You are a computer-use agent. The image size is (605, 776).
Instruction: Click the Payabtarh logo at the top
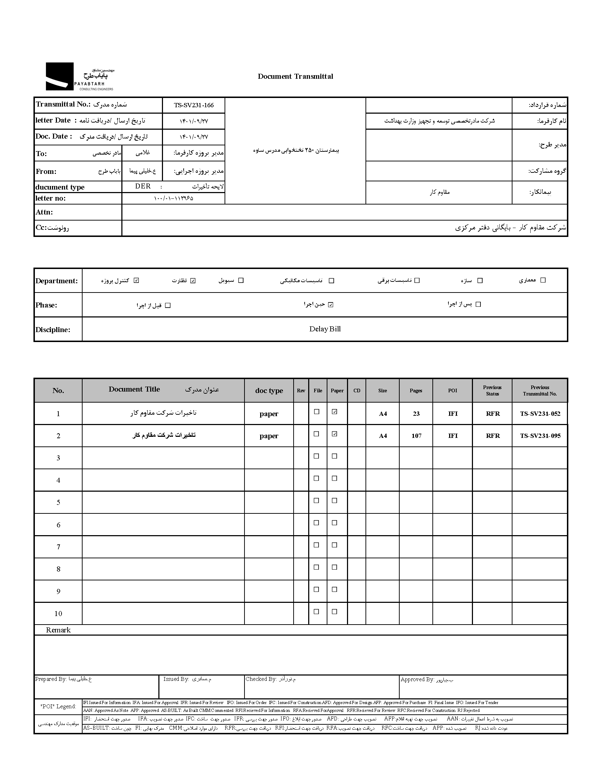click(79, 77)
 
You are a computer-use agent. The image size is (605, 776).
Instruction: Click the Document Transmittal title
click(295, 76)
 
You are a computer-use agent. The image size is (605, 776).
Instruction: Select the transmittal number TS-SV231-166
click(194, 105)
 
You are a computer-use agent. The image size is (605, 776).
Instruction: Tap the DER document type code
click(143, 186)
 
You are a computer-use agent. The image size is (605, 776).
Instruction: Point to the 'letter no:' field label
click(51, 198)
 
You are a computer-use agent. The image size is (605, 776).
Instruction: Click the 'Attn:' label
click(44, 212)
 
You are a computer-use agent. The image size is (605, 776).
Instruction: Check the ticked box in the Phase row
click(331, 305)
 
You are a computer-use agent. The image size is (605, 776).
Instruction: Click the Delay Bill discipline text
click(325, 329)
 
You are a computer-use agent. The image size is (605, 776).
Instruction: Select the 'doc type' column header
click(269, 390)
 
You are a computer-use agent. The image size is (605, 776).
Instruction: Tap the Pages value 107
click(416, 436)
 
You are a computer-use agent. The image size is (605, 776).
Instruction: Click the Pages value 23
click(416, 414)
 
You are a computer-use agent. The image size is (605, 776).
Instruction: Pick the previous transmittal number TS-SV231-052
click(540, 414)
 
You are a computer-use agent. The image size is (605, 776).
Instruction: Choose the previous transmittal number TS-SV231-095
click(540, 436)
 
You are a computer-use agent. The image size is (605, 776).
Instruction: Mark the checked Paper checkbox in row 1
click(335, 412)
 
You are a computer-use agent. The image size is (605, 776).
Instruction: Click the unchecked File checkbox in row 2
click(316, 434)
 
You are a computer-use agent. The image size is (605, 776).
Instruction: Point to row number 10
click(58, 614)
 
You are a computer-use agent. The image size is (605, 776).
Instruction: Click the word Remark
click(58, 630)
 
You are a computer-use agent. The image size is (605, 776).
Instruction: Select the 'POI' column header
click(453, 390)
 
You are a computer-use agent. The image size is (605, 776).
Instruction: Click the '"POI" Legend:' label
click(58, 707)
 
